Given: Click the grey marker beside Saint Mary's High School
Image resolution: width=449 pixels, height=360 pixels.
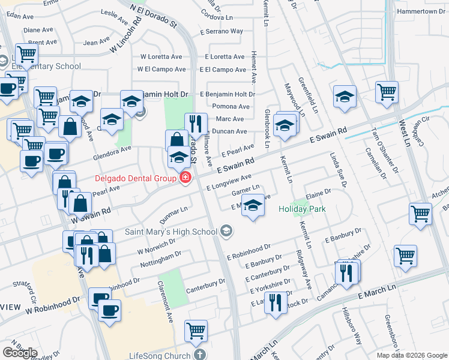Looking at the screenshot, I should click(x=226, y=231).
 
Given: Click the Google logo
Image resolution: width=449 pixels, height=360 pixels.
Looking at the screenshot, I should click(x=20, y=353).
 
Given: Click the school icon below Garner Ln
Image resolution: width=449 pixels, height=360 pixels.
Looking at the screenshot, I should click(x=253, y=207).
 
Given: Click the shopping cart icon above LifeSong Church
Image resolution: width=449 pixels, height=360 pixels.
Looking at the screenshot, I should click(x=196, y=329).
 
